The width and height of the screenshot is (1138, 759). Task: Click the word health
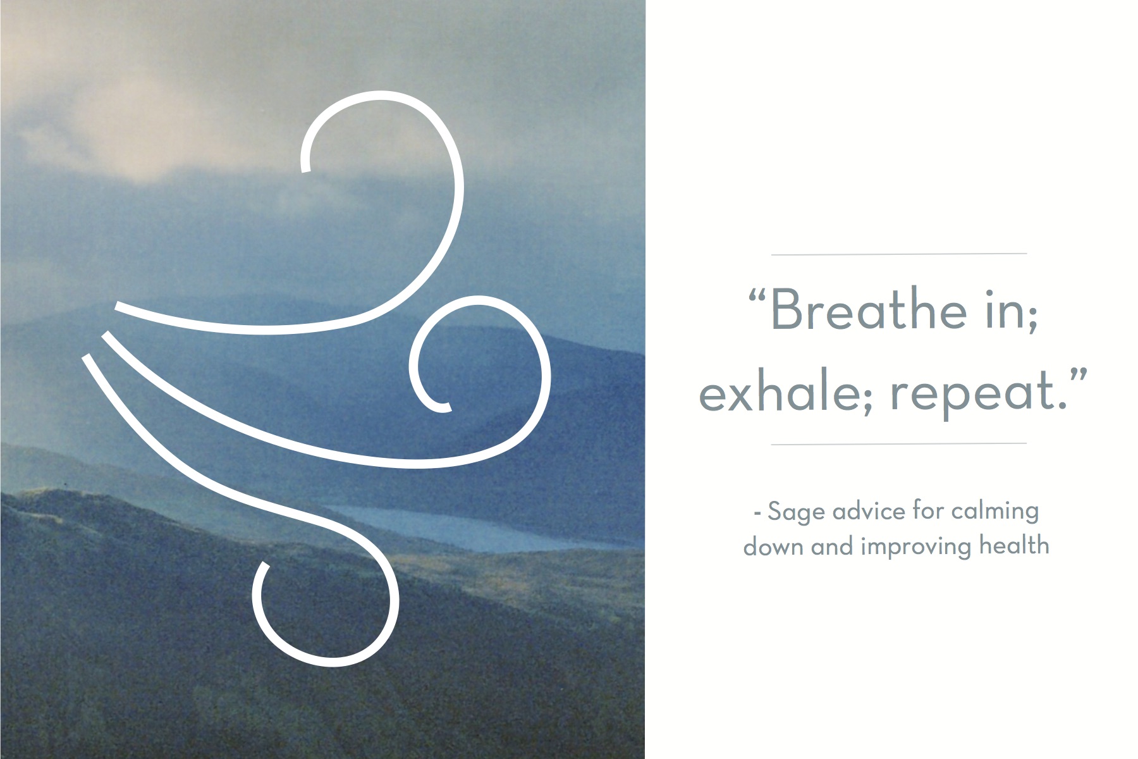[x=1014, y=545]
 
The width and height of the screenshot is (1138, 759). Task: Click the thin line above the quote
[x=898, y=254]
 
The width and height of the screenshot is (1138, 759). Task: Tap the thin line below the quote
[x=898, y=444]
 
